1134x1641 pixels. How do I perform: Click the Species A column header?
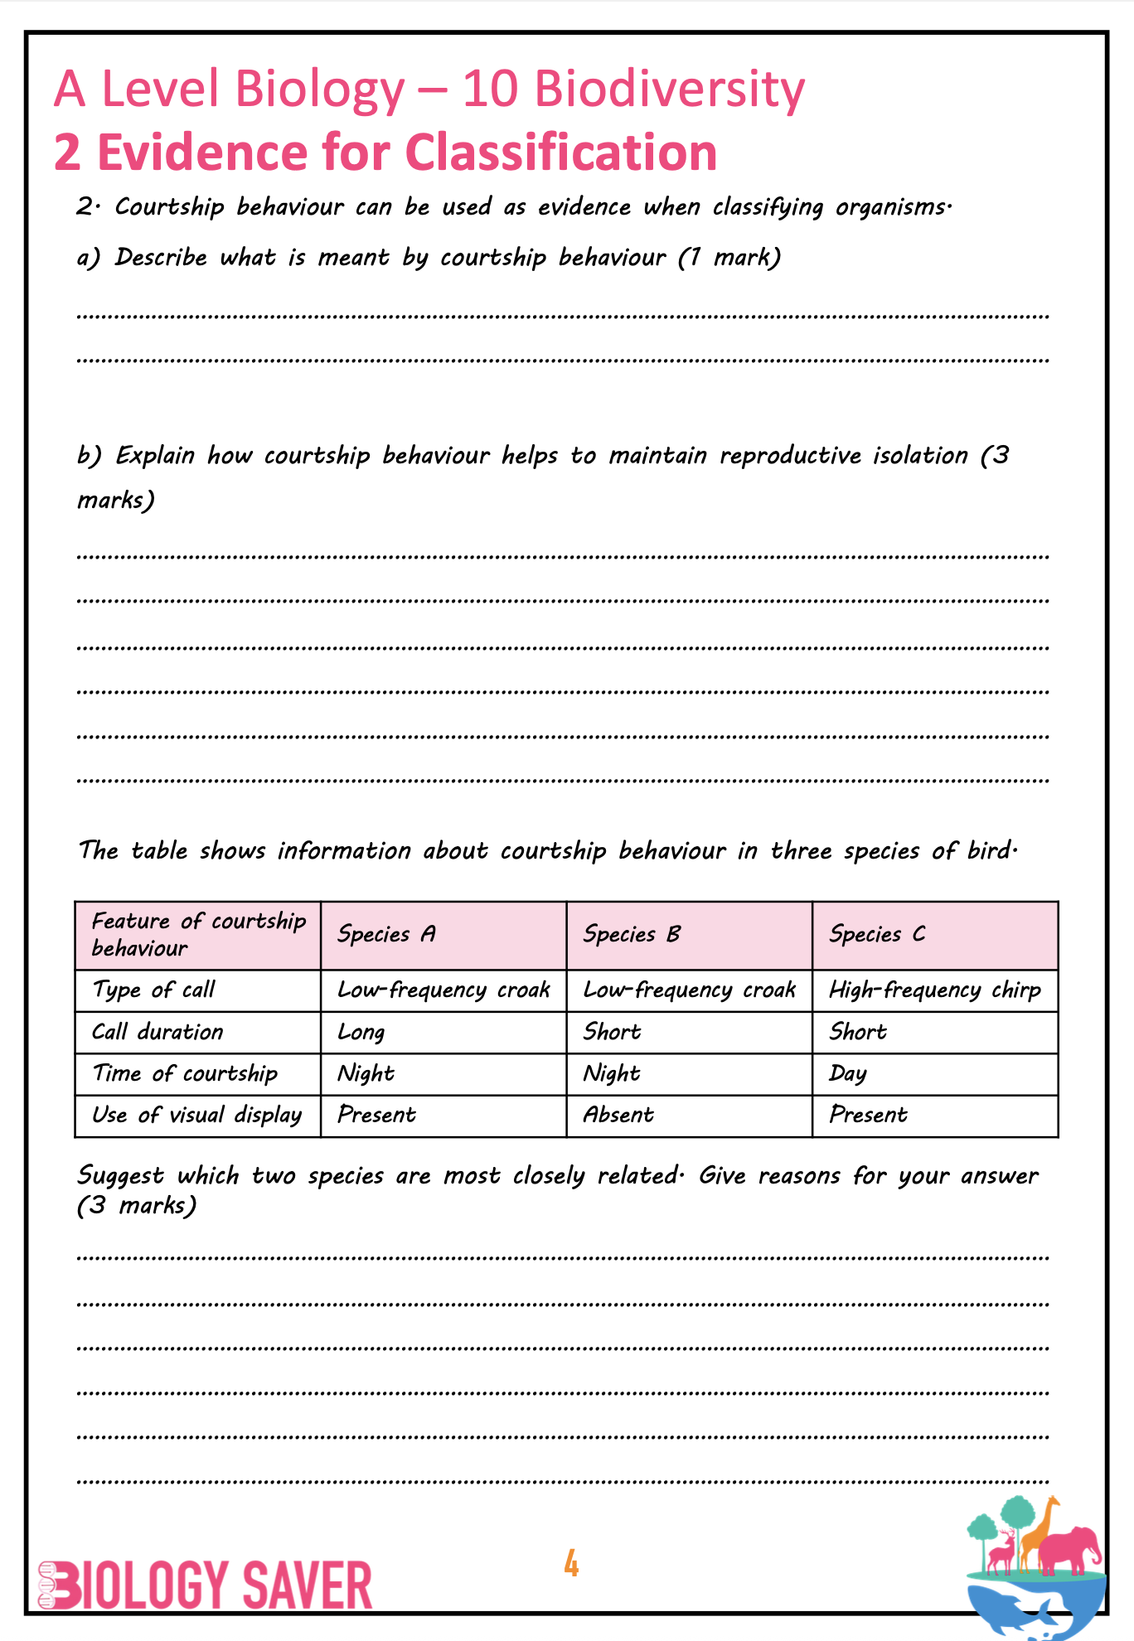(x=386, y=935)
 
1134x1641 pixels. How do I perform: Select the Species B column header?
(x=632, y=935)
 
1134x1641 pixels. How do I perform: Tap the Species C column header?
(x=877, y=935)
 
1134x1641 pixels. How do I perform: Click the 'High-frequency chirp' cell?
(x=934, y=990)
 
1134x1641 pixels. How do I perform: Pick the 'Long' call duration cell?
(x=361, y=1033)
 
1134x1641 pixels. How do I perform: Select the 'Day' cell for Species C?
(x=847, y=1074)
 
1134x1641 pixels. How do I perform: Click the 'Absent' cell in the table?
(x=618, y=1116)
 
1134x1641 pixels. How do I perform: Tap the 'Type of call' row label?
(x=154, y=990)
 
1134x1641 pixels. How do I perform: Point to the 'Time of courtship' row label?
(x=185, y=1074)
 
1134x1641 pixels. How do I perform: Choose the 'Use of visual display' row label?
(x=196, y=1116)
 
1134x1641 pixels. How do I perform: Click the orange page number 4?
(x=571, y=1563)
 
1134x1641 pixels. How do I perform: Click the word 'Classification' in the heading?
(x=560, y=152)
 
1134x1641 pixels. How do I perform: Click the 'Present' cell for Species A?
(x=376, y=1116)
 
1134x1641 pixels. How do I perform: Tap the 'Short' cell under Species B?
(x=612, y=1033)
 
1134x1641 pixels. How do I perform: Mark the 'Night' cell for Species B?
(x=612, y=1074)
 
